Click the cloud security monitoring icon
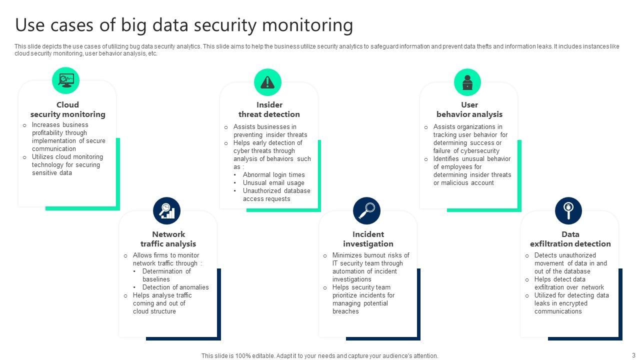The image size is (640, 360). pyautogui.click(x=66, y=80)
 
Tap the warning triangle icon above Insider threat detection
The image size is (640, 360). pyautogui.click(x=267, y=82)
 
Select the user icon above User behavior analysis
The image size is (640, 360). pyautogui.click(x=467, y=82)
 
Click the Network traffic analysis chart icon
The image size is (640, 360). pyautogui.click(x=166, y=210)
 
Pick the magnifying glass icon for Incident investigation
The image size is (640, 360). pyautogui.click(x=366, y=210)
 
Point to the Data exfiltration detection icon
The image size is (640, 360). pyautogui.click(x=568, y=210)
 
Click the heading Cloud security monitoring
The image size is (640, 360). pyautogui.click(x=67, y=109)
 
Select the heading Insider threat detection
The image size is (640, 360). pyautogui.click(x=269, y=109)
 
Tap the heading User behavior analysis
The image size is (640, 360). pyautogui.click(x=469, y=109)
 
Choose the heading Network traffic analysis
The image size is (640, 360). pyautogui.click(x=168, y=239)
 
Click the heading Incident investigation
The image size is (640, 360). pyautogui.click(x=368, y=239)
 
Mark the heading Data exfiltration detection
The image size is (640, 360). pyautogui.click(x=570, y=239)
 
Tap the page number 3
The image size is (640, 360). pyautogui.click(x=633, y=355)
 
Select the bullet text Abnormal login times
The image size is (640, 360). pyautogui.click(x=273, y=175)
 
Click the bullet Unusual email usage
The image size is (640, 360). pyautogui.click(x=273, y=183)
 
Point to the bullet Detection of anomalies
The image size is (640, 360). pyautogui.click(x=175, y=287)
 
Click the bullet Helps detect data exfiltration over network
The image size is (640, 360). pyautogui.click(x=569, y=283)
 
